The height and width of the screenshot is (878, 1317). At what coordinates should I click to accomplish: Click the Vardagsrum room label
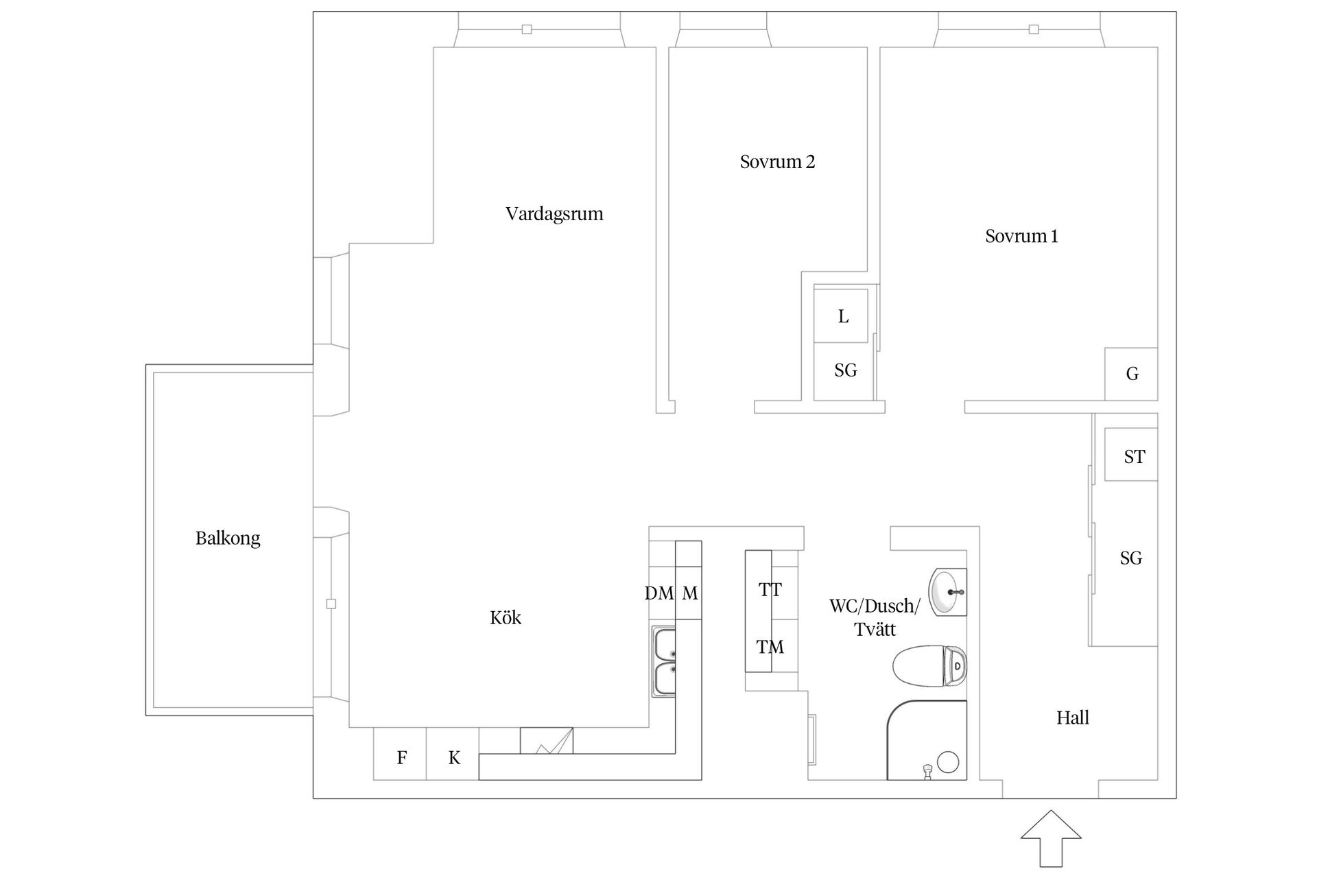(554, 214)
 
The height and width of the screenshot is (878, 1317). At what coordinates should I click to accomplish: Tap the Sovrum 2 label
(777, 162)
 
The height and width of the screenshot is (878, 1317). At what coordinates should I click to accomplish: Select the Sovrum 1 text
(1021, 236)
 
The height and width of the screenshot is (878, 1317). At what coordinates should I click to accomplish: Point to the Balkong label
(228, 538)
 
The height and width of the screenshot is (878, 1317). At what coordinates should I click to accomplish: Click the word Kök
(506, 618)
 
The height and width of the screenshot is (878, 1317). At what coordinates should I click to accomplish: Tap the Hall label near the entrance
(1072, 718)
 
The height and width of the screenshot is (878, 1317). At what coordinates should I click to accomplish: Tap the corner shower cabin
(927, 741)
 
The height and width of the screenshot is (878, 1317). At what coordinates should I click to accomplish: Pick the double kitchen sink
(663, 661)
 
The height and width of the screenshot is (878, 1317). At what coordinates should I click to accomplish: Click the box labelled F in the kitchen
(401, 758)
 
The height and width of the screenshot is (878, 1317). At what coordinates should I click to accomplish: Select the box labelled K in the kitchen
(454, 758)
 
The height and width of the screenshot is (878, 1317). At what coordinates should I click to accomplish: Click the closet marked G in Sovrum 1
(1131, 374)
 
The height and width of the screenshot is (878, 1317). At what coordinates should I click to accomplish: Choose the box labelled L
(842, 316)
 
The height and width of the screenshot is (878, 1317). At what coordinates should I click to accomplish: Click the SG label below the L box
(845, 370)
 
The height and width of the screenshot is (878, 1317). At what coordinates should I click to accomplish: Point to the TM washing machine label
(770, 647)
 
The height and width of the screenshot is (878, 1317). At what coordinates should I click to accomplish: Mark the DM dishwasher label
(658, 593)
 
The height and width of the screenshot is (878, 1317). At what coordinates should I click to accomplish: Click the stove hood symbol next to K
(547, 741)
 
